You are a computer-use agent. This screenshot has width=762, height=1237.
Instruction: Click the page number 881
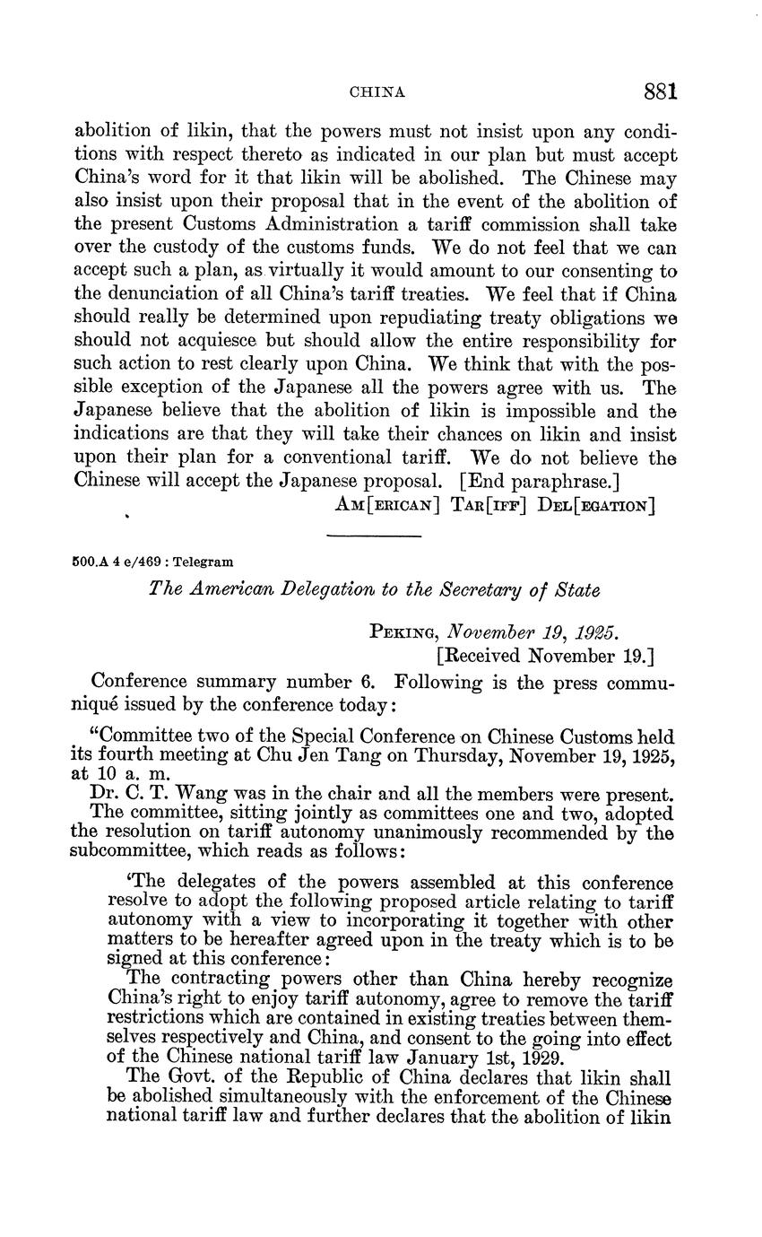[x=660, y=91]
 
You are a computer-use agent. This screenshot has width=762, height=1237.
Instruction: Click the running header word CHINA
[x=377, y=92]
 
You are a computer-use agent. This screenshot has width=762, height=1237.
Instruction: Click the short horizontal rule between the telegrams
[x=374, y=536]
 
